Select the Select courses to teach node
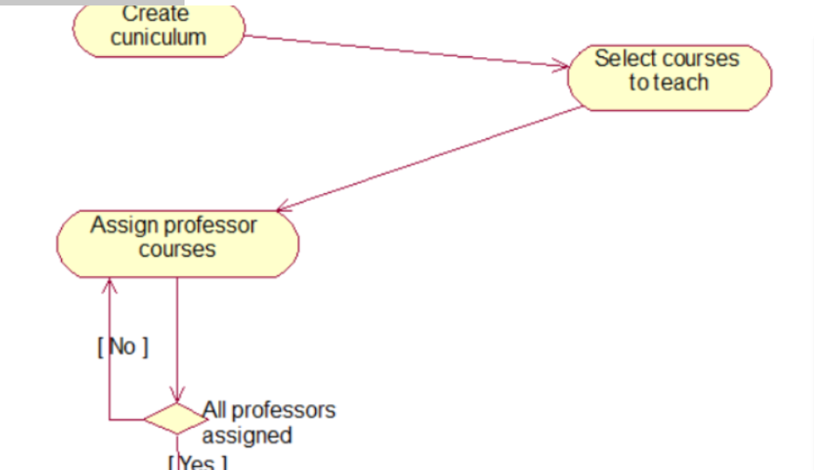(669, 77)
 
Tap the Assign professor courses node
(178, 243)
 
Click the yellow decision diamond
(177, 418)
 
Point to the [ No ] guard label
(123, 346)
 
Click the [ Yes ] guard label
(198, 463)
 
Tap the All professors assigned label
(268, 422)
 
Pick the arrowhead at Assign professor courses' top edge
(284, 208)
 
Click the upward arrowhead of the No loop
(109, 284)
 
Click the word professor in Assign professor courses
(210, 226)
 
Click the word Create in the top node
(156, 13)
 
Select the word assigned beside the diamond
(247, 436)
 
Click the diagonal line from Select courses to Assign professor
(430, 159)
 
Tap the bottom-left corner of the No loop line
(109, 419)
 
